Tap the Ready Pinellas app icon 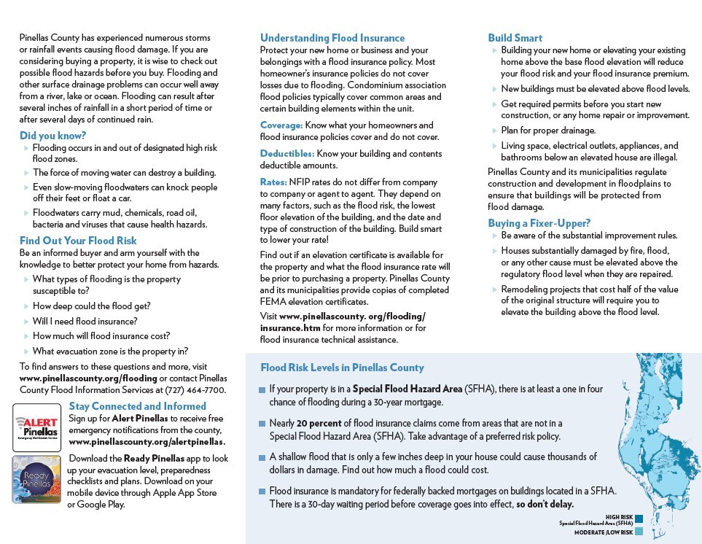tap(36, 478)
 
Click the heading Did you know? tap(52, 136)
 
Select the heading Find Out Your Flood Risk tap(78, 241)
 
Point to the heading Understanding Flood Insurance tap(332, 38)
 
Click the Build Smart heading tap(515, 38)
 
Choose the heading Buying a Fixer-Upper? tap(539, 223)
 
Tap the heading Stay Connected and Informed tap(138, 406)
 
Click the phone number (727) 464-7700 tap(195, 391)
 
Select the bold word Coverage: tap(281, 125)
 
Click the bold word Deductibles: tap(287, 154)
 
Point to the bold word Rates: tap(273, 182)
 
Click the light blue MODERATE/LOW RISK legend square tap(639, 532)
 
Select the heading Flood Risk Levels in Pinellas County tap(342, 368)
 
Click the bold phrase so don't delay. tap(545, 505)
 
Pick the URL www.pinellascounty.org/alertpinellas tap(147, 442)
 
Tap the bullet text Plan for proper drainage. tap(548, 131)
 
